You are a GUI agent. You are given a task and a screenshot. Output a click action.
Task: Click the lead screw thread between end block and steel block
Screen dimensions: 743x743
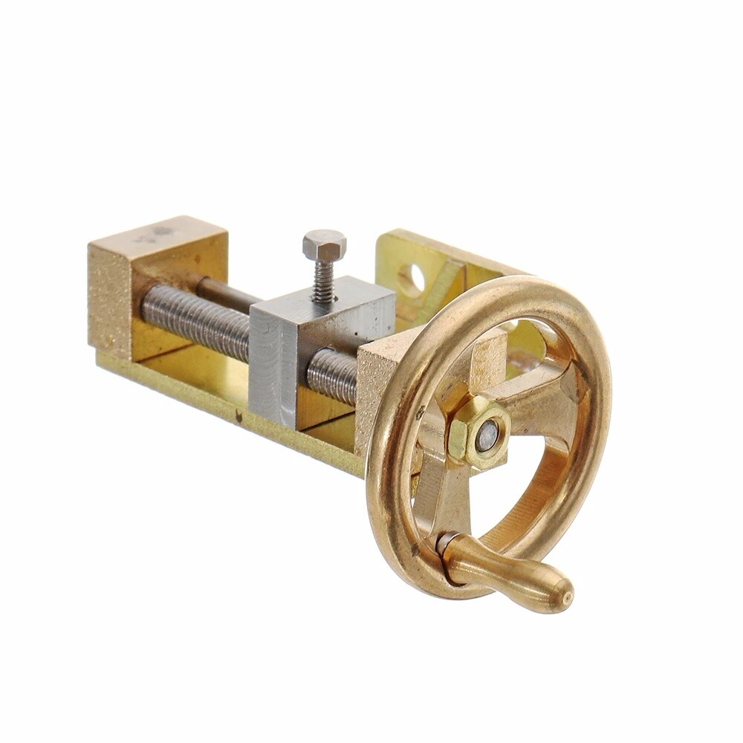pos(197,316)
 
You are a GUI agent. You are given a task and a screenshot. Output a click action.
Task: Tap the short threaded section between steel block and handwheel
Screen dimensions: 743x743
pos(332,375)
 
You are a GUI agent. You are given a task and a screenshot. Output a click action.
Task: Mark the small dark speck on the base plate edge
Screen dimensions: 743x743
pos(239,418)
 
